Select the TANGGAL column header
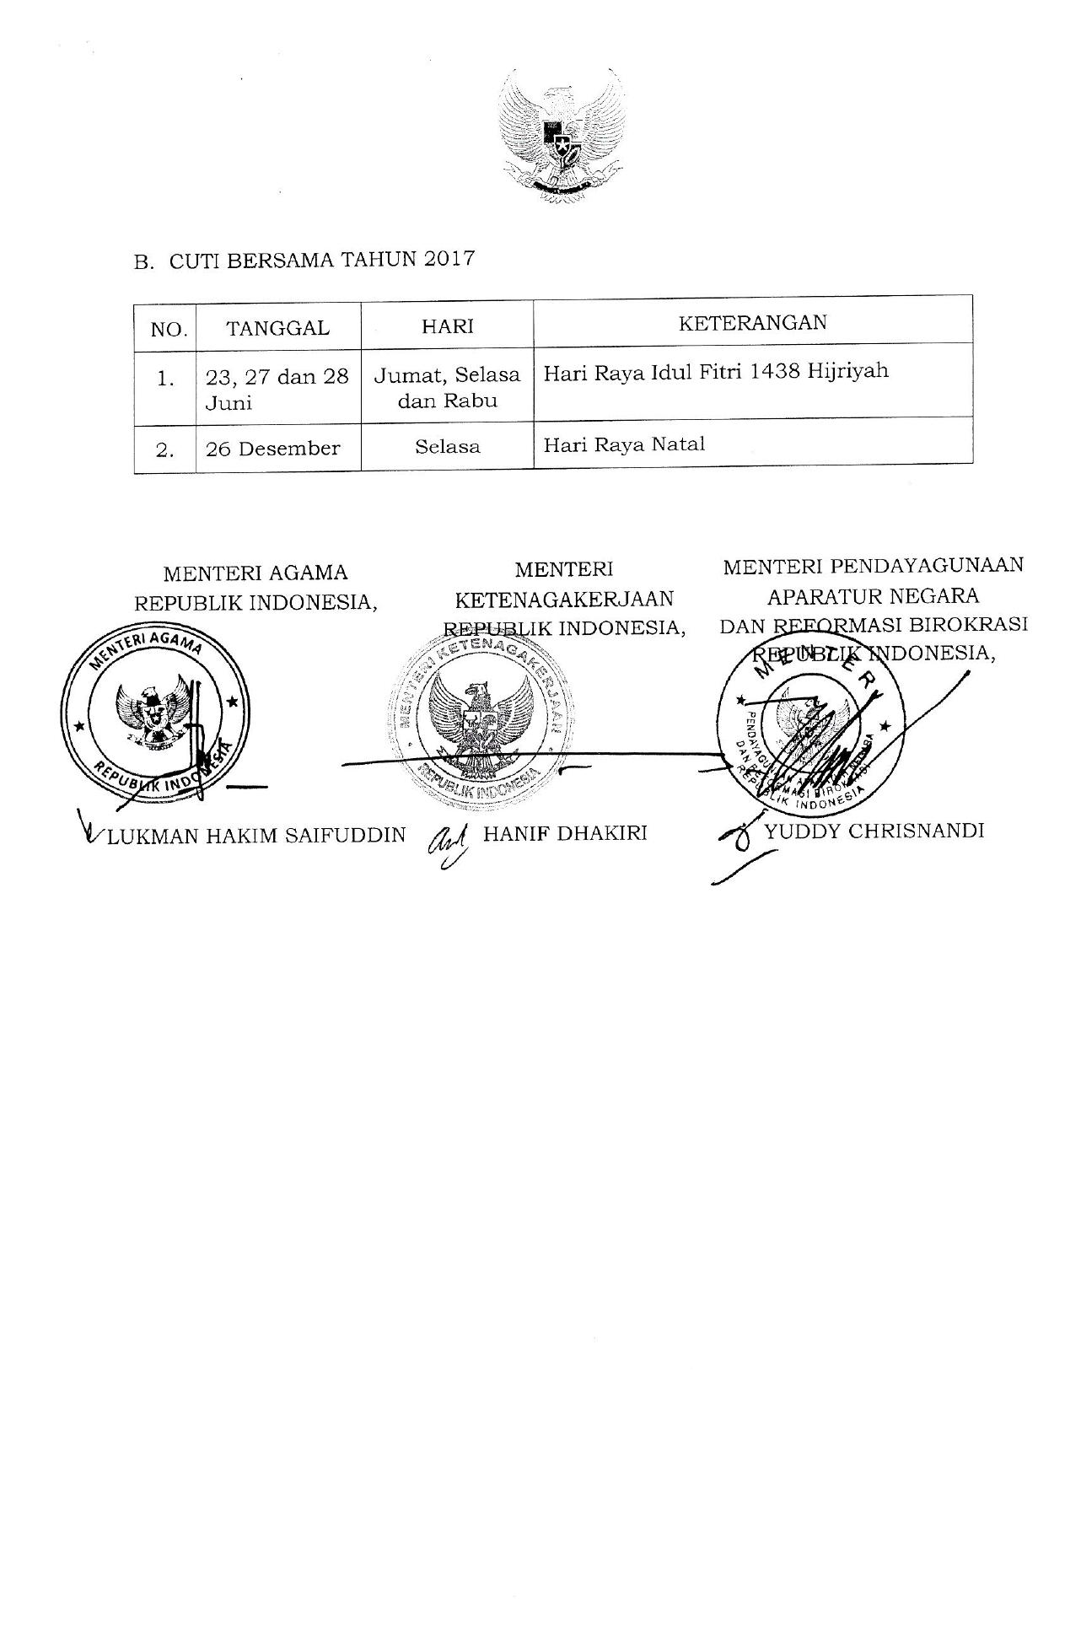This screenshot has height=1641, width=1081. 277,328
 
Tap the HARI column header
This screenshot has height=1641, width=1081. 447,326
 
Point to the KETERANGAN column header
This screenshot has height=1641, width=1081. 752,322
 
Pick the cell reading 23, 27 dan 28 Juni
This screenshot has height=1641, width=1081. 277,389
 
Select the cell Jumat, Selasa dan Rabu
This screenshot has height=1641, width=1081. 447,387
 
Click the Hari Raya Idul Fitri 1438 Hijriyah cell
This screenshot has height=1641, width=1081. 716,372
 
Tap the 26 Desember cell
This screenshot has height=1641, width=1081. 272,449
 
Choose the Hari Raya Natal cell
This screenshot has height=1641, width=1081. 624,444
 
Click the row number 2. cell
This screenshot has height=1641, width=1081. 165,449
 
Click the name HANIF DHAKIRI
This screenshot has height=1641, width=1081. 565,833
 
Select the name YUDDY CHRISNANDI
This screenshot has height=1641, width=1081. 874,831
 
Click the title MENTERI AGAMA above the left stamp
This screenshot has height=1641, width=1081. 255,573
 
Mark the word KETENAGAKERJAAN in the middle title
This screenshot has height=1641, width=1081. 564,599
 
